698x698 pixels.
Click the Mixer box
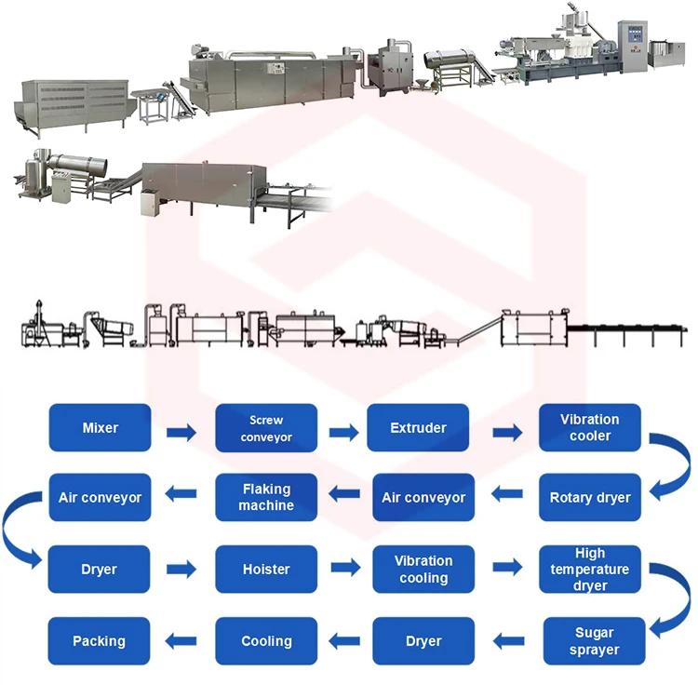pyautogui.click(x=100, y=428)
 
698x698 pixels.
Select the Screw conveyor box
pyautogui.click(x=266, y=428)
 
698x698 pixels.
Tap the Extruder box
pyautogui.click(x=418, y=428)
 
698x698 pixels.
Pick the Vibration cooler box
pyautogui.click(x=590, y=428)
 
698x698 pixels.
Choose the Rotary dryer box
pyautogui.click(x=590, y=498)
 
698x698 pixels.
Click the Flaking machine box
pyautogui.click(x=266, y=498)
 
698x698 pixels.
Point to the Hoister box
pyautogui.click(x=266, y=569)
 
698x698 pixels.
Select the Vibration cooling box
pyautogui.click(x=423, y=569)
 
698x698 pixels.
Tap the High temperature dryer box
pyautogui.click(x=590, y=569)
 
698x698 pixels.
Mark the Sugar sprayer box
pyautogui.click(x=593, y=641)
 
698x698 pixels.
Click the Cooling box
pyautogui.click(x=266, y=641)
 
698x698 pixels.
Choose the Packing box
pyautogui.click(x=100, y=641)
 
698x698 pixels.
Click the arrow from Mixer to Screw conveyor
pyautogui.click(x=181, y=432)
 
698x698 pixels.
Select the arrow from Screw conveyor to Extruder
pyautogui.click(x=342, y=432)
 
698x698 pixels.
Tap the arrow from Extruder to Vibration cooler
pyautogui.click(x=506, y=432)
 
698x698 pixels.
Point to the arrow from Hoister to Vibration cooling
pyautogui.click(x=345, y=568)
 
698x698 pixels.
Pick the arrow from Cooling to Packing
pyautogui.click(x=181, y=640)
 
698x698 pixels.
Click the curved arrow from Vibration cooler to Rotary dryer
pyautogui.click(x=672, y=465)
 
